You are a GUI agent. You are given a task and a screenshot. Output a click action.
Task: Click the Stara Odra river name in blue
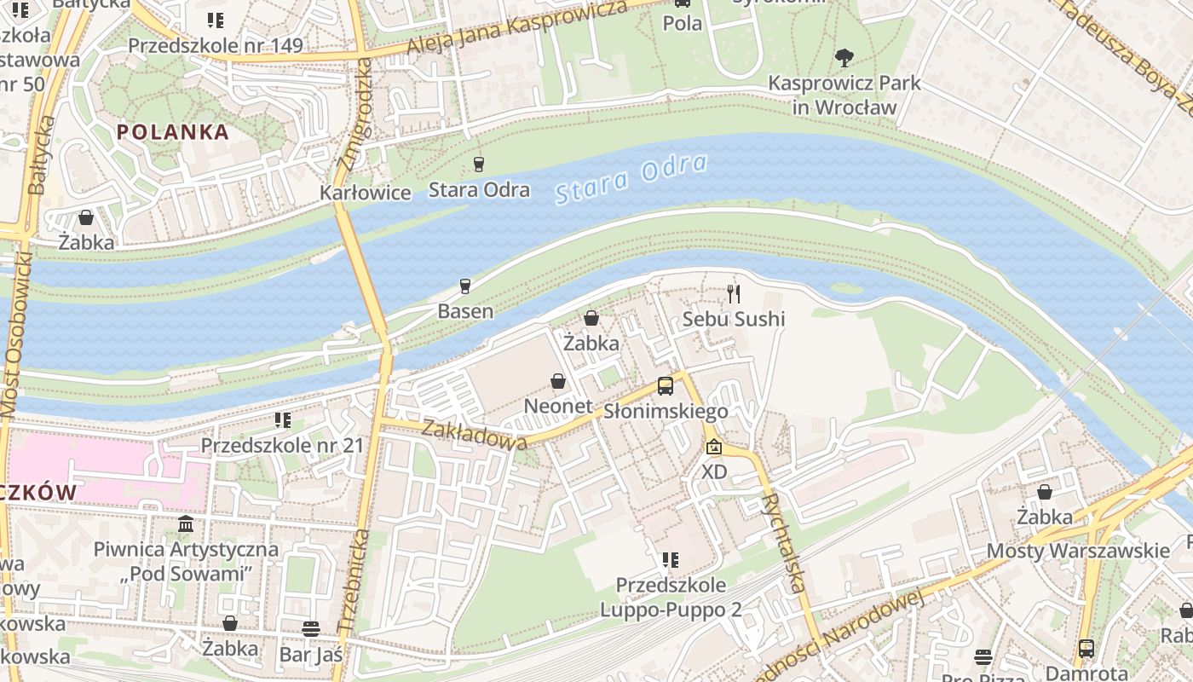click(631, 179)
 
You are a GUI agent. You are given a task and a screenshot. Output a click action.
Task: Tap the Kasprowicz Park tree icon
click(844, 58)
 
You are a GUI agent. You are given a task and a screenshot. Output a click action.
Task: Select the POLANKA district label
click(173, 132)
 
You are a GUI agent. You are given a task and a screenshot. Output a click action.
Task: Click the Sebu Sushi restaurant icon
click(734, 294)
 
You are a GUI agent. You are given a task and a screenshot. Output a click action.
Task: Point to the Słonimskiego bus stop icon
click(666, 386)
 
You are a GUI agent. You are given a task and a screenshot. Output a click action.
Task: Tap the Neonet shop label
click(557, 407)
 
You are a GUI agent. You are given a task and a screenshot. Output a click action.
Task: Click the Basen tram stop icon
click(465, 286)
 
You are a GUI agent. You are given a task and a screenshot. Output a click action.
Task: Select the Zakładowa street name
click(475, 435)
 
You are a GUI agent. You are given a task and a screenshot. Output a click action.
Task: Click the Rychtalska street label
click(784, 542)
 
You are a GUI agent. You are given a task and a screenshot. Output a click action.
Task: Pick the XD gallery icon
click(714, 447)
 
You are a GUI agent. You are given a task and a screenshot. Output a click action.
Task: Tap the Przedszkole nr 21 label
click(282, 445)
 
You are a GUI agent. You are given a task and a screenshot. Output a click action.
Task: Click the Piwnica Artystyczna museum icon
click(186, 523)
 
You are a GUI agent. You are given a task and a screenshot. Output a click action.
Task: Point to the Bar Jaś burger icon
click(311, 629)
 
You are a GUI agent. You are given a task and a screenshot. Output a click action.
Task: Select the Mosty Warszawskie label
click(1078, 551)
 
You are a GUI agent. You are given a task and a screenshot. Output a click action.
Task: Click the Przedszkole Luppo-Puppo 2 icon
click(671, 560)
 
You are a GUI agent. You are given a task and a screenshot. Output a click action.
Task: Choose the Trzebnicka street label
click(354, 580)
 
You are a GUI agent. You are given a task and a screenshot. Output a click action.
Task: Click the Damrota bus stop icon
click(1086, 648)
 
